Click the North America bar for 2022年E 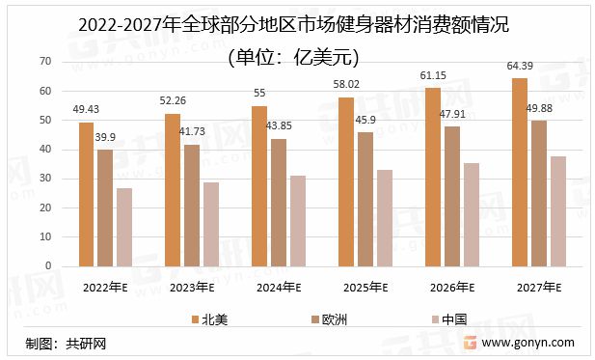pos(86,194)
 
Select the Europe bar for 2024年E pos(278,203)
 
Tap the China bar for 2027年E pos(557,210)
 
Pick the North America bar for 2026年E pos(432,177)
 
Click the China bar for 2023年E pos(210,224)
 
